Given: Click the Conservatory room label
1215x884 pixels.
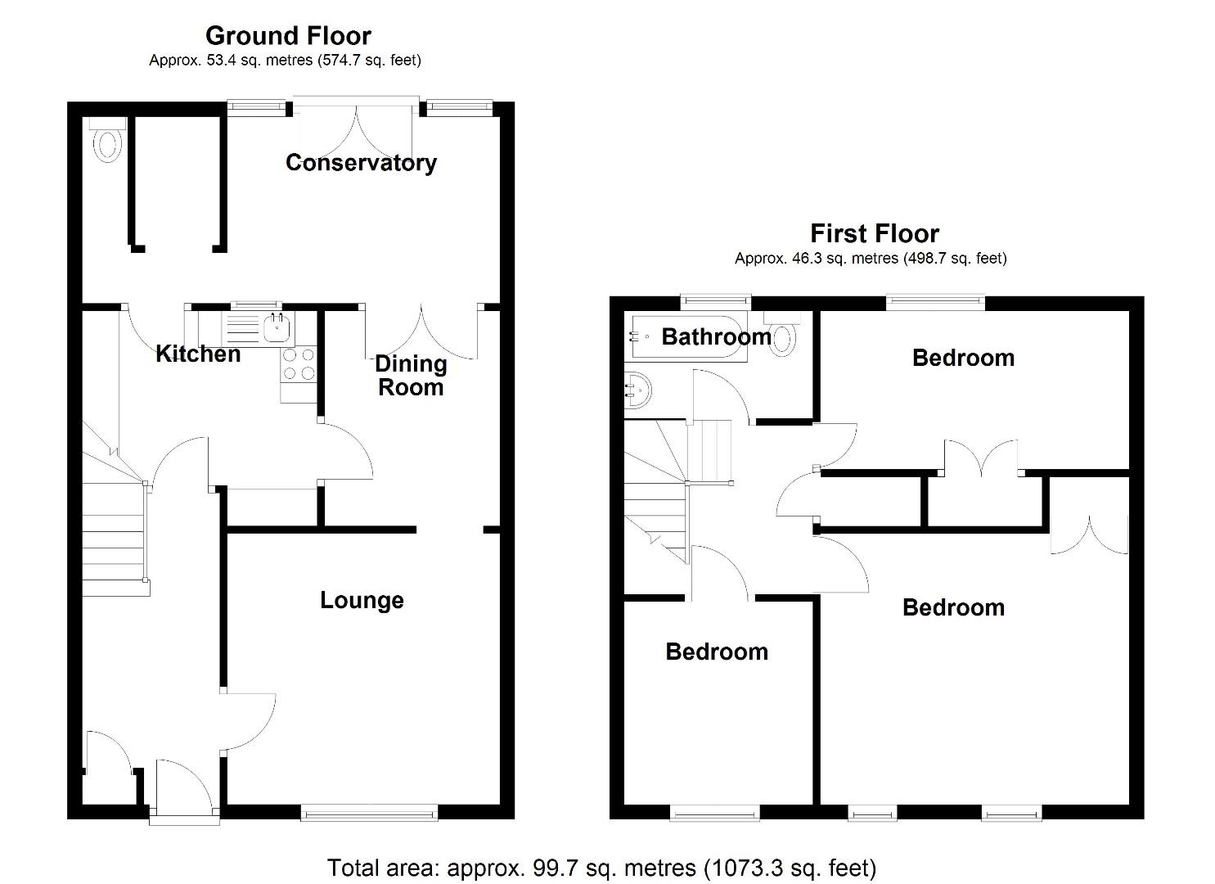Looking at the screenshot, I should (361, 163).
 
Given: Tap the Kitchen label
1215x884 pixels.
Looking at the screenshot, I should (198, 354).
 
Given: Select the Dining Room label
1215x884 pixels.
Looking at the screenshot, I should (411, 376).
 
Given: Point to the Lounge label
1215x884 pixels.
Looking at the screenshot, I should (362, 601).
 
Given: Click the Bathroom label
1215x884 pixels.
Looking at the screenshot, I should (716, 336).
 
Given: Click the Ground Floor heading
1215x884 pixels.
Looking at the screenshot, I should (288, 36).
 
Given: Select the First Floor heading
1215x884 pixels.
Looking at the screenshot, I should (874, 234).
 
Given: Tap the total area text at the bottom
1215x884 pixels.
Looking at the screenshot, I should (601, 868).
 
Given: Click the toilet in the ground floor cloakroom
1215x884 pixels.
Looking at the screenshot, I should (107, 142).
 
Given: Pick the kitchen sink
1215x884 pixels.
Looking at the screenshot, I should (276, 327).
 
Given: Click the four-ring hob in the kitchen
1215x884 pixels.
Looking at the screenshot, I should (298, 364).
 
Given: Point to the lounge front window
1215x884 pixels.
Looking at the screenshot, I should (369, 812).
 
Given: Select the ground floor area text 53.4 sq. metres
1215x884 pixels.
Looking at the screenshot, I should (285, 61).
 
